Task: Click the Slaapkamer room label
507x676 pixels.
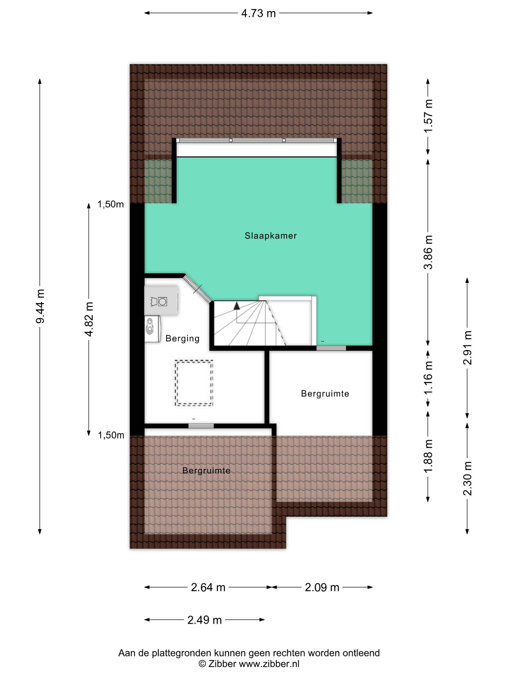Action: tap(270, 236)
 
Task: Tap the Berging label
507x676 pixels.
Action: tap(183, 339)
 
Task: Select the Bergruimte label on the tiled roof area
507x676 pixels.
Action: tap(206, 470)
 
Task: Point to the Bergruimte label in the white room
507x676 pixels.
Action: tap(325, 393)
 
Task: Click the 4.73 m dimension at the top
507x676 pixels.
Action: tap(258, 13)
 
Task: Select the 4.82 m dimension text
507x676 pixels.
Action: tap(89, 319)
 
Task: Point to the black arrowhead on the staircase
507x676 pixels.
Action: tap(237, 306)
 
